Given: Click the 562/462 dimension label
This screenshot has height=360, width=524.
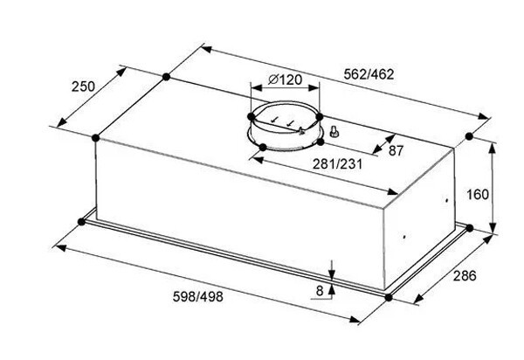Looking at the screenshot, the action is click(369, 74).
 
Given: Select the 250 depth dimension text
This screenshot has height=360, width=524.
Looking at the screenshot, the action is click(83, 87).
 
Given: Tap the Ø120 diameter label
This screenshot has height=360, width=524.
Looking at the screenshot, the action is click(285, 80).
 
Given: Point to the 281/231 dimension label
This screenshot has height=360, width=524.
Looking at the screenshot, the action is click(337, 164).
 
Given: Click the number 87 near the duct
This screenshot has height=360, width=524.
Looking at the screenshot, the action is click(396, 151).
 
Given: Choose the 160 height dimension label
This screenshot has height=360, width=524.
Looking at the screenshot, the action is click(478, 194).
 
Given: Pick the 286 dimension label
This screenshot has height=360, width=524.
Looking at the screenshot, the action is click(465, 276).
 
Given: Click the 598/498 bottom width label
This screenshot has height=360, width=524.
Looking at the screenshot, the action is click(198, 296).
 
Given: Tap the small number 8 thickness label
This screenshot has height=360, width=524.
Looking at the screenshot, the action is click(320, 291).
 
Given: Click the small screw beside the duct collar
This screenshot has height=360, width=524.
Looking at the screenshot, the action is click(334, 131).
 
